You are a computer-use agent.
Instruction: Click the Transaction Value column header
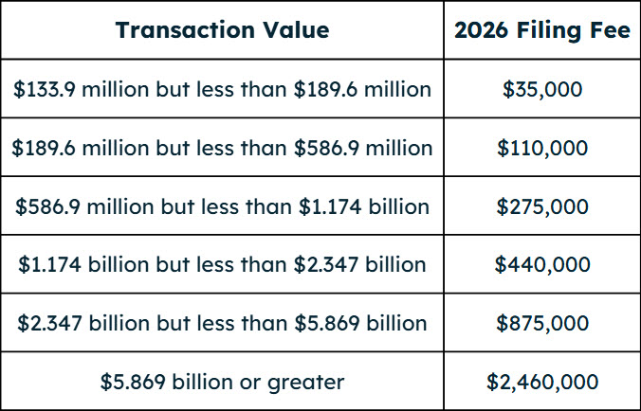click(222, 30)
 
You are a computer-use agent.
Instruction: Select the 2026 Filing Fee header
click(541, 30)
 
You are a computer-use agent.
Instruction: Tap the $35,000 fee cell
click(541, 90)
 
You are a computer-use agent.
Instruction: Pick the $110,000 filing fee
click(541, 149)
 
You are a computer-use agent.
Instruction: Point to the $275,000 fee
click(541, 206)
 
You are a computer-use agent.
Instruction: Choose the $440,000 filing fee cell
click(541, 265)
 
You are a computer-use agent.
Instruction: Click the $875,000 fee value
click(541, 323)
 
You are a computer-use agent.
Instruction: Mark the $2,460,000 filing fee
click(541, 382)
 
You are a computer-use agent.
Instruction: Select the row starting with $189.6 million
click(222, 149)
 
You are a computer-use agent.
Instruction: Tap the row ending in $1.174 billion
click(222, 206)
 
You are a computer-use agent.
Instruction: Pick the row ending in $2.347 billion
click(222, 265)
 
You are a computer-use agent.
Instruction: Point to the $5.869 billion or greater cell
click(222, 382)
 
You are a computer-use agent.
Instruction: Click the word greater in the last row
click(308, 383)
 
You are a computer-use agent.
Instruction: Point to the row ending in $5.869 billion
click(222, 323)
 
